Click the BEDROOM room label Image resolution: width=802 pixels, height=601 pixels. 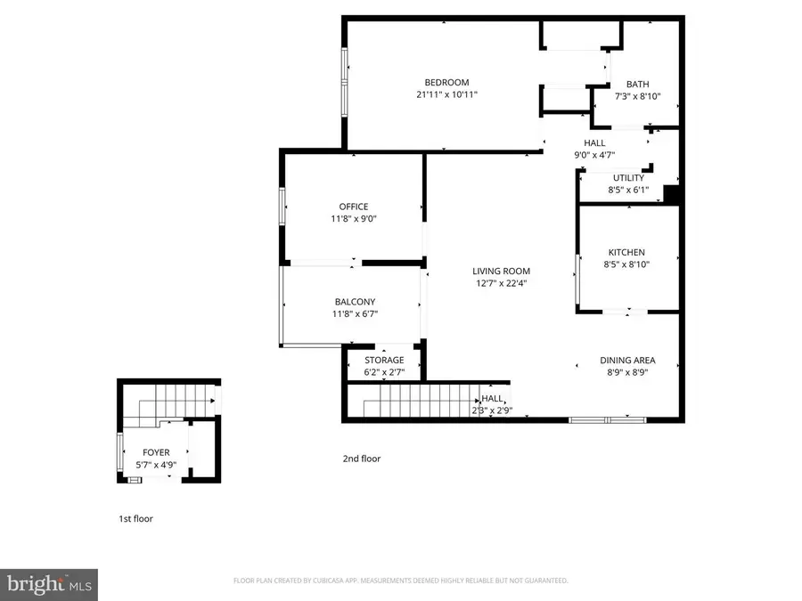(x=446, y=83)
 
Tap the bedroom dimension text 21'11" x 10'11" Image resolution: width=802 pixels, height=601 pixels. (x=446, y=94)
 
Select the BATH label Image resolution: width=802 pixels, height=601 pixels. (x=637, y=85)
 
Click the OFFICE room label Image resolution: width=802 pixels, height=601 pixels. (x=353, y=207)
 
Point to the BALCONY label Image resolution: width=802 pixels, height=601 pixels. (x=355, y=302)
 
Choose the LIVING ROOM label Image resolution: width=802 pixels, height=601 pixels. (x=501, y=272)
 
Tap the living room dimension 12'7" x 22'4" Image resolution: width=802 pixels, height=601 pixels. (x=501, y=284)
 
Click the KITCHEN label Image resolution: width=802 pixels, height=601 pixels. (x=626, y=252)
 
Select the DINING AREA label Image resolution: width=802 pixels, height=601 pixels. (x=627, y=361)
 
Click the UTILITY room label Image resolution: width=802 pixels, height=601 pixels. (x=628, y=178)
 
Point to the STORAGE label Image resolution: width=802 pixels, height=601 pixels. (x=384, y=361)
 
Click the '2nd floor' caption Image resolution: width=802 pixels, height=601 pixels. (x=362, y=459)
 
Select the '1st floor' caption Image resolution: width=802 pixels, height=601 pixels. (x=135, y=518)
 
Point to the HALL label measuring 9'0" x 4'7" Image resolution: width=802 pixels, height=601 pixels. (x=594, y=142)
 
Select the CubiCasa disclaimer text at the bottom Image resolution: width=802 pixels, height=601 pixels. (x=400, y=581)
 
